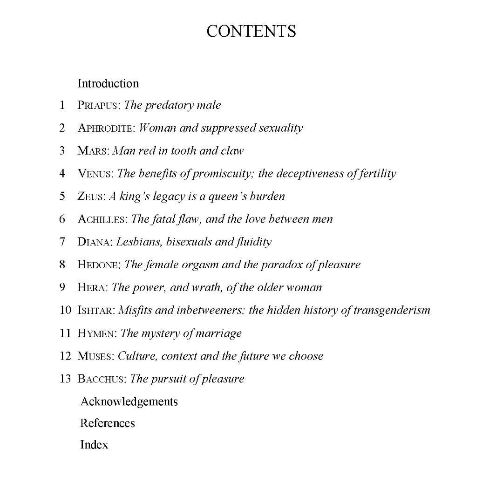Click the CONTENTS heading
[x=251, y=31]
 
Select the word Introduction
[x=108, y=83]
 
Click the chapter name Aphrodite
[x=106, y=128]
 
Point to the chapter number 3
[x=62, y=151]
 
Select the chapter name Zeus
[x=91, y=197]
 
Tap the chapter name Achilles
[x=102, y=219]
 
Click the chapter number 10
[x=65, y=310]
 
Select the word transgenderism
[x=392, y=310]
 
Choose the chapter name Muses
[x=95, y=356]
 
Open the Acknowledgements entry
[x=129, y=401]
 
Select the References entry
[x=107, y=423]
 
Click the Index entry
[x=94, y=445]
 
